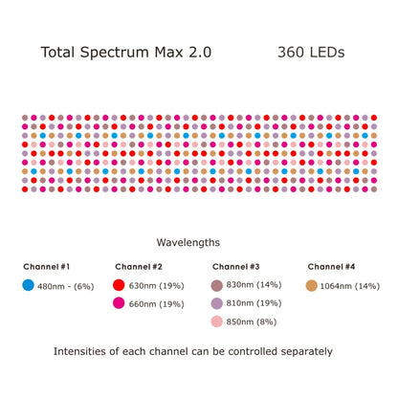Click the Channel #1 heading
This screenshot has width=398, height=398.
[47, 266]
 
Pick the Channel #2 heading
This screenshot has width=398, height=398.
[139, 266]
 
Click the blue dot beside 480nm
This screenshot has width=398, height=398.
[29, 285]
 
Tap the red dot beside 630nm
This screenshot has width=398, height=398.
[120, 285]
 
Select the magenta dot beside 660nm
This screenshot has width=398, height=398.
[120, 303]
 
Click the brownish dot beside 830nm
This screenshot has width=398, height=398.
[217, 285]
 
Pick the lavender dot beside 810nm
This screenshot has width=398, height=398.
[217, 303]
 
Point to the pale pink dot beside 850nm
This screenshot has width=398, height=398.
[217, 321]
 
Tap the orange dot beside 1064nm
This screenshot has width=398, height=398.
[312, 285]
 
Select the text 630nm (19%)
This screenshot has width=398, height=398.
[157, 285]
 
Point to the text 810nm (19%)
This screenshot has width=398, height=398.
[254, 303]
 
